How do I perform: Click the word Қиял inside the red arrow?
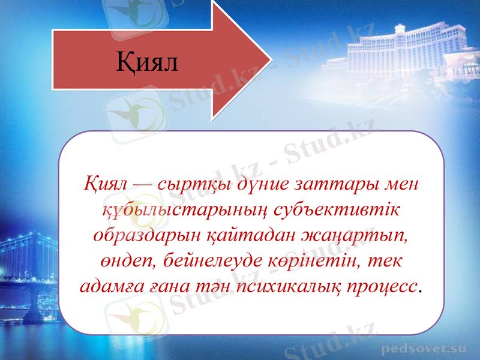coord(147,62)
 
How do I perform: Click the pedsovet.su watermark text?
coord(424,347)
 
